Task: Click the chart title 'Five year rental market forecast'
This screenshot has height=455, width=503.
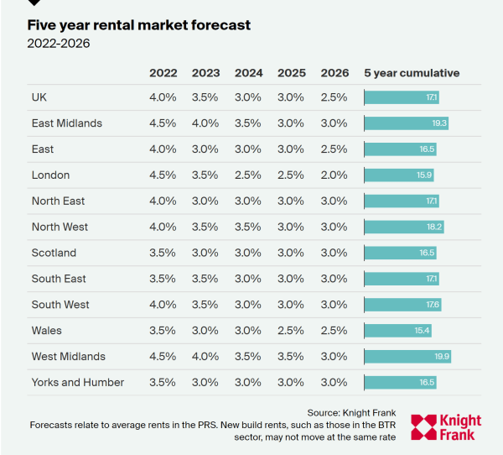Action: (x=138, y=25)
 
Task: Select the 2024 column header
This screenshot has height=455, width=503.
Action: (x=248, y=73)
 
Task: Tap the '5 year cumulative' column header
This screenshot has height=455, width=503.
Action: (x=412, y=73)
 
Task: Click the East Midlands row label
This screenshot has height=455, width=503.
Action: (x=67, y=123)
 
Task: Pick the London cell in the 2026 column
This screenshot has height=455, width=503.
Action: (x=334, y=175)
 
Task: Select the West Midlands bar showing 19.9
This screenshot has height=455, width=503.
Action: (x=407, y=357)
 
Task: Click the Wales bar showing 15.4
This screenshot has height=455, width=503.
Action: (x=397, y=331)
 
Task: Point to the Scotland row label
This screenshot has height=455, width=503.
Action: (x=54, y=253)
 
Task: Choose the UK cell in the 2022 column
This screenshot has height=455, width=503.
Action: (x=163, y=97)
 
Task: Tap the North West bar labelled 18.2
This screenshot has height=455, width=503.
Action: (x=403, y=227)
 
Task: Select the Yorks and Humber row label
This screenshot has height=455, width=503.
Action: (x=78, y=382)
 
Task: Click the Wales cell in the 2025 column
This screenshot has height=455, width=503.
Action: (x=291, y=331)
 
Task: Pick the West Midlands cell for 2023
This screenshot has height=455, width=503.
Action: (x=205, y=357)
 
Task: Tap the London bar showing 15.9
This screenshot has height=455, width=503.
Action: (x=398, y=175)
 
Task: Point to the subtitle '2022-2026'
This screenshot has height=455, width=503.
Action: (x=59, y=43)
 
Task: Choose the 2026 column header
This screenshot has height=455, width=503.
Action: (x=334, y=73)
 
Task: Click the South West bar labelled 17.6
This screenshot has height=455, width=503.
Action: (x=402, y=305)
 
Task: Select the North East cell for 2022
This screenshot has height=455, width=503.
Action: (x=163, y=201)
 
